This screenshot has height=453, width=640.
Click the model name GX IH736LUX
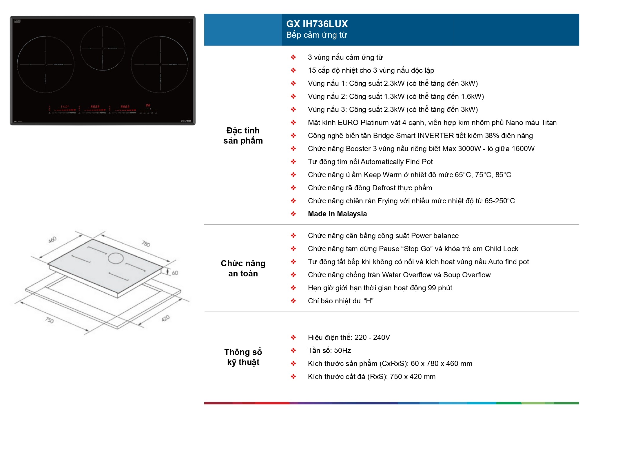pyautogui.click(x=317, y=24)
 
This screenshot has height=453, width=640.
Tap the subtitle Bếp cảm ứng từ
pyautogui.click(x=316, y=35)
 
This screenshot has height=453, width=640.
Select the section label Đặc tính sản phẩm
pyautogui.click(x=243, y=135)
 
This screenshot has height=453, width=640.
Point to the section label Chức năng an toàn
pyautogui.click(x=243, y=268)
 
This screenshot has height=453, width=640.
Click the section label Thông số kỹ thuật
pyautogui.click(x=243, y=357)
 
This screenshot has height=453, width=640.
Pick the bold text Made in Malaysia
pyautogui.click(x=337, y=214)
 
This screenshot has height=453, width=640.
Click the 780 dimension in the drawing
pyautogui.click(x=146, y=244)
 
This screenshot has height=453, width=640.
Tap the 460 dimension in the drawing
pyautogui.click(x=52, y=240)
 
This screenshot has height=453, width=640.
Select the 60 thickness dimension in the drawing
pyautogui.click(x=175, y=273)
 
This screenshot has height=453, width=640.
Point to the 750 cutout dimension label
pyautogui.click(x=50, y=320)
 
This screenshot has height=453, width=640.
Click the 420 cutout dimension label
pyautogui.click(x=165, y=318)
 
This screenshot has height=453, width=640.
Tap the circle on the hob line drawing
pyautogui.click(x=116, y=258)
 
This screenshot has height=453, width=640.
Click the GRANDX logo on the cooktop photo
pyautogui.click(x=186, y=121)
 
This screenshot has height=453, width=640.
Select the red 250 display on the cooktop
pyautogui.click(x=65, y=107)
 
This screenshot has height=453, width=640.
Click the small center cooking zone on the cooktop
pyautogui.click(x=103, y=48)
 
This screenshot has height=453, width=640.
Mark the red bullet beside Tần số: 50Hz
pyautogui.click(x=293, y=350)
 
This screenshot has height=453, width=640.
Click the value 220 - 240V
pyautogui.click(x=372, y=338)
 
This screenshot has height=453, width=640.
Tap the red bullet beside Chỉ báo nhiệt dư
pyautogui.click(x=293, y=301)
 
